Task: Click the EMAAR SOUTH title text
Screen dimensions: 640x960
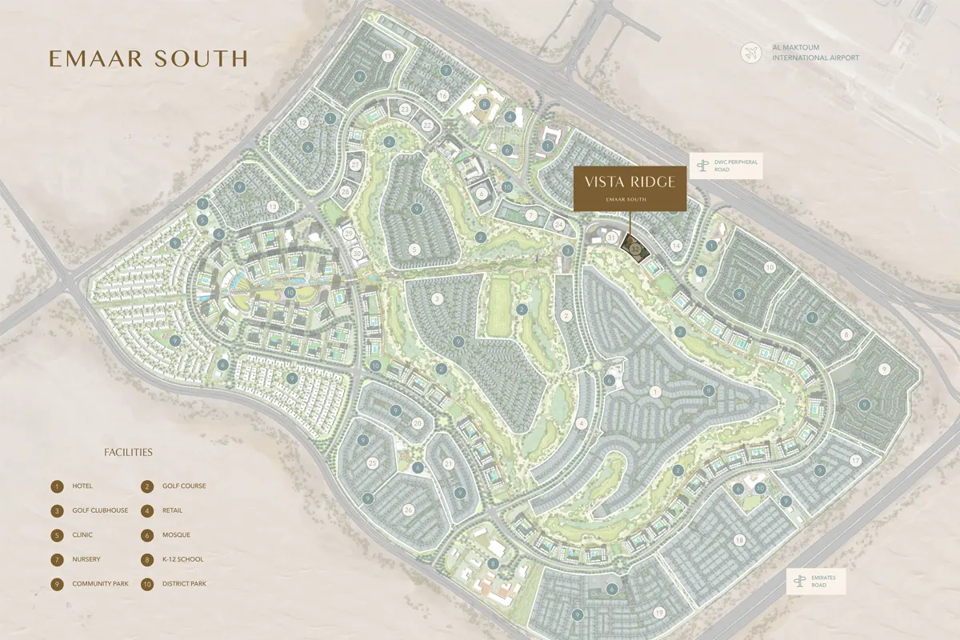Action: [x=148, y=58]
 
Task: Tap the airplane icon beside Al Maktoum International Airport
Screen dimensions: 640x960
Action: [x=750, y=54]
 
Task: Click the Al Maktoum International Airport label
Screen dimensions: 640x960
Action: [x=815, y=54]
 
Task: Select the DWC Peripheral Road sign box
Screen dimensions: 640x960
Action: [x=724, y=166]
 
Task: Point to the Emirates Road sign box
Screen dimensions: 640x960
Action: [x=816, y=582]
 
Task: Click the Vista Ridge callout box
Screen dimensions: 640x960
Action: [x=630, y=189]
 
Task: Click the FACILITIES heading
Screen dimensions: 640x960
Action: [x=128, y=453]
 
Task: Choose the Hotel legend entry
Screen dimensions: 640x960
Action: [x=73, y=486]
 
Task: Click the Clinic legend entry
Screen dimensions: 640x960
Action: [x=73, y=535]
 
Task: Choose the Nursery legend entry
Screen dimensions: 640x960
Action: [x=77, y=560]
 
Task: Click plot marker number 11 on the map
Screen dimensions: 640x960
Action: [x=388, y=56]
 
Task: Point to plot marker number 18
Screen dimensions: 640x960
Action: [x=739, y=541]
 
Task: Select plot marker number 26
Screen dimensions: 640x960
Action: [x=408, y=510]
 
